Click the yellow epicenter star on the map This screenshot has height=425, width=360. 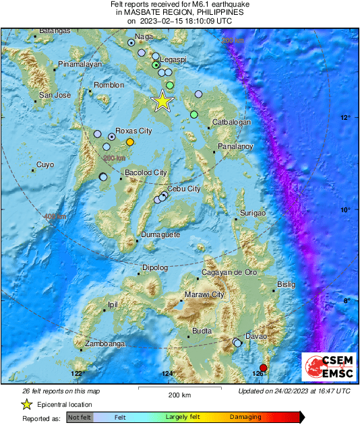pyautogui.click(x=162, y=101)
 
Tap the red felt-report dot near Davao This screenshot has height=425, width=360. pyautogui.click(x=264, y=368)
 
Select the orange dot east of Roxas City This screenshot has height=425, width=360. pyautogui.click(x=130, y=141)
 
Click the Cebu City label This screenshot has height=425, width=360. pyautogui.click(x=183, y=189)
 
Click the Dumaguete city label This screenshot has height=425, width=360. pyautogui.click(x=160, y=235)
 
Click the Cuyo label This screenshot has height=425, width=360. pyautogui.click(x=44, y=164)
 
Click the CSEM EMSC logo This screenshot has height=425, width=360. pyautogui.click(x=325, y=367)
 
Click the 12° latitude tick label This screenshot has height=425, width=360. pyautogui.click(x=345, y=118)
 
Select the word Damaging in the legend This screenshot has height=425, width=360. pyautogui.click(x=245, y=418)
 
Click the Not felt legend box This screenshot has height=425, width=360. pyautogui.click(x=79, y=418)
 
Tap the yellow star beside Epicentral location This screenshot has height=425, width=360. pyautogui.click(x=26, y=405)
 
